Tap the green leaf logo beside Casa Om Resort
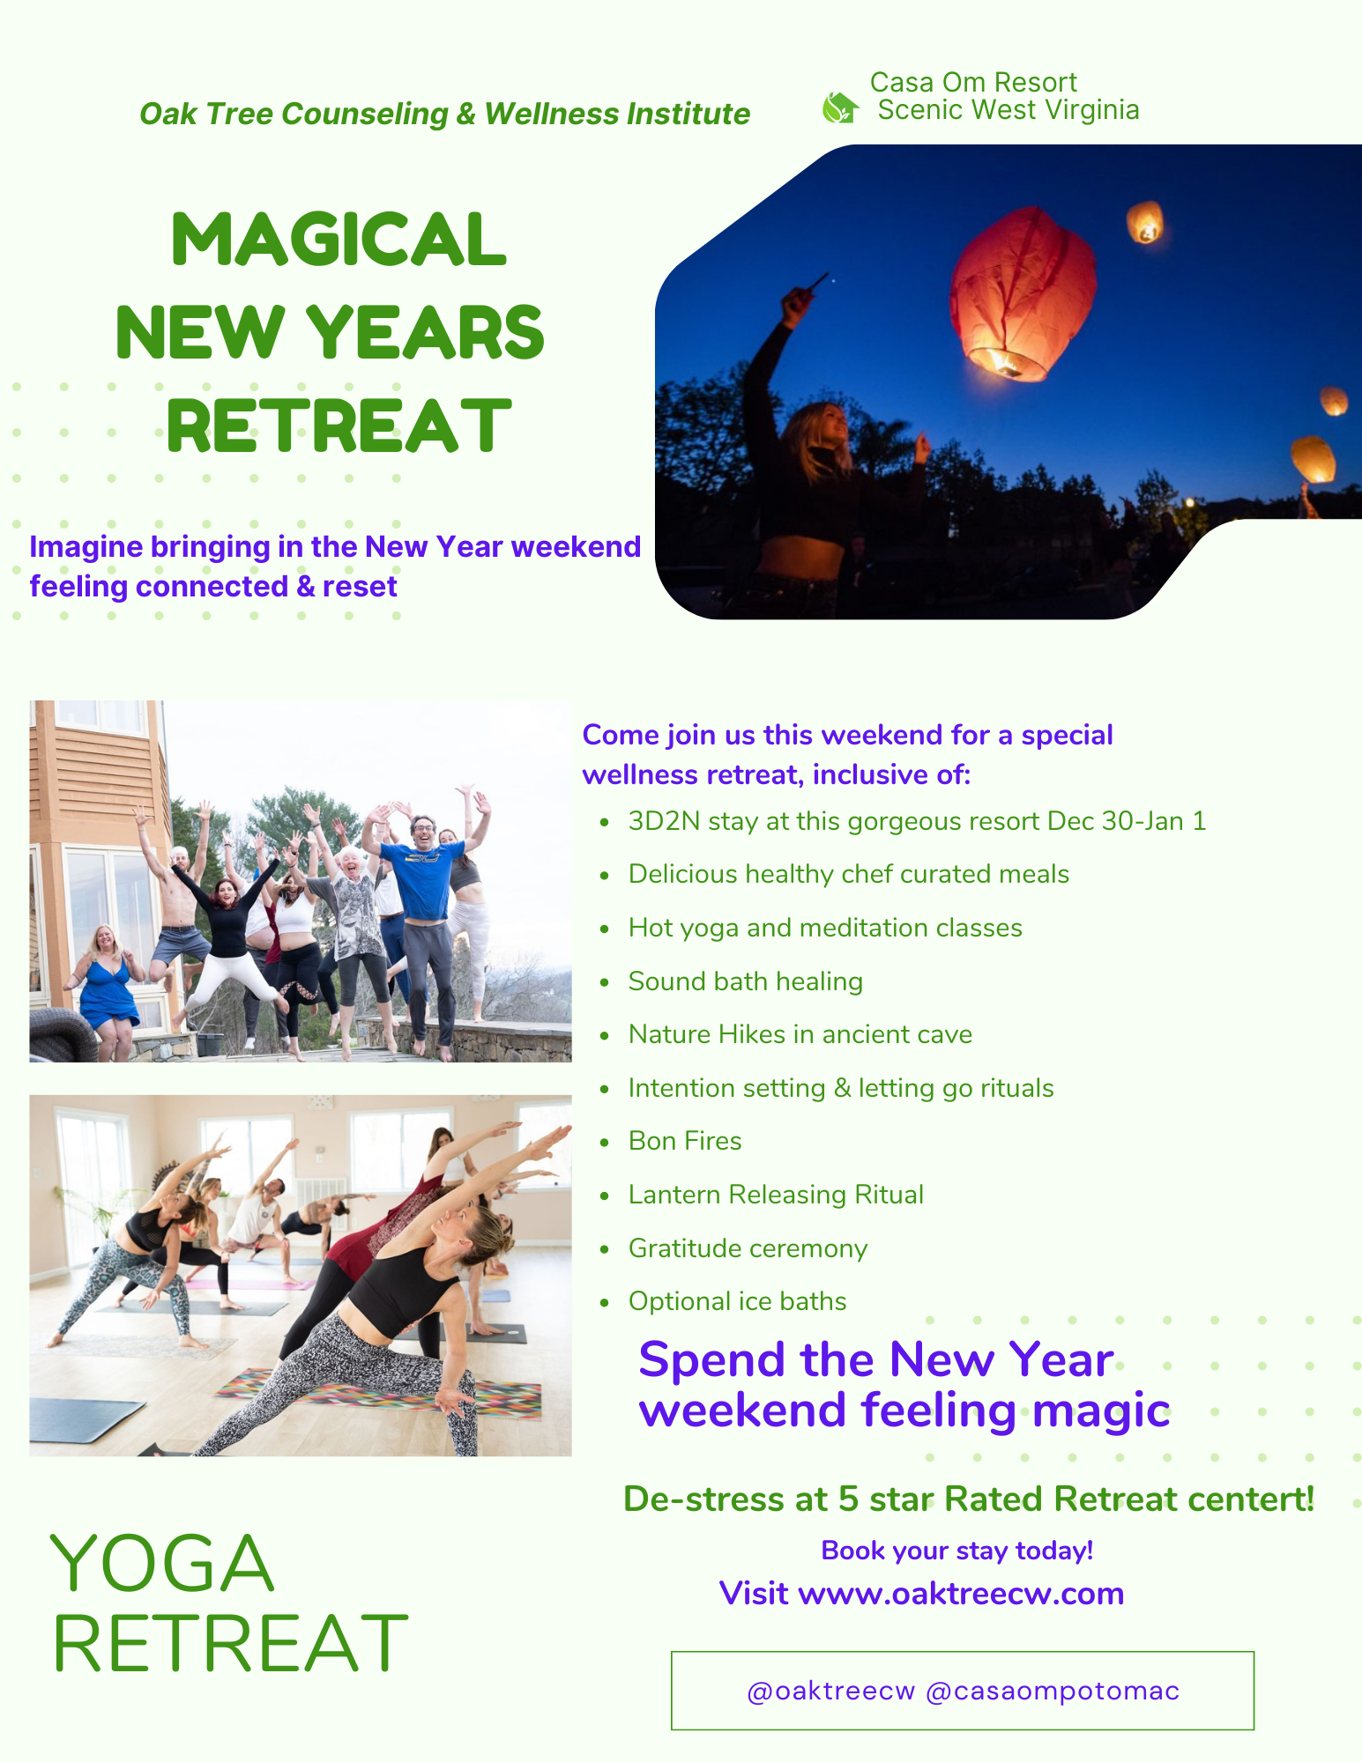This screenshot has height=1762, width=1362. coord(839,108)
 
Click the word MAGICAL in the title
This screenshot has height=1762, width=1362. coord(339,240)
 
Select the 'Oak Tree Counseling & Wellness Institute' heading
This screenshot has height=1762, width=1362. coord(444,114)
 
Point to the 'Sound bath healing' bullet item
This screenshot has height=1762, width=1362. coord(745,981)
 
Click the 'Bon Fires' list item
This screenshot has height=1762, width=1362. coord(685,1141)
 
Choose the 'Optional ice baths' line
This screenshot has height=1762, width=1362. coord(737,1301)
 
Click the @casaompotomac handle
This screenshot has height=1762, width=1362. coord(1053,1692)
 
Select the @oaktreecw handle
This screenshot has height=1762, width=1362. coord(830,1692)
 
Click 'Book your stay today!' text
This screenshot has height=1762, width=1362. coord(956,1551)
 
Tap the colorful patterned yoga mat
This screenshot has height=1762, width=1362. coord(379,1392)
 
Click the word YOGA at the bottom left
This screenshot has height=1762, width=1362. coord(162,1564)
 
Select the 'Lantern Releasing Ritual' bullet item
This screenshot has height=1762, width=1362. coord(776,1195)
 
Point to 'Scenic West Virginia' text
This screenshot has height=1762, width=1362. coord(1008,110)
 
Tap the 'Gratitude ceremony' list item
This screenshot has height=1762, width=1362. coord(748,1248)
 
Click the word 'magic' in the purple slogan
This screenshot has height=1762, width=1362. coord(1101,1410)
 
